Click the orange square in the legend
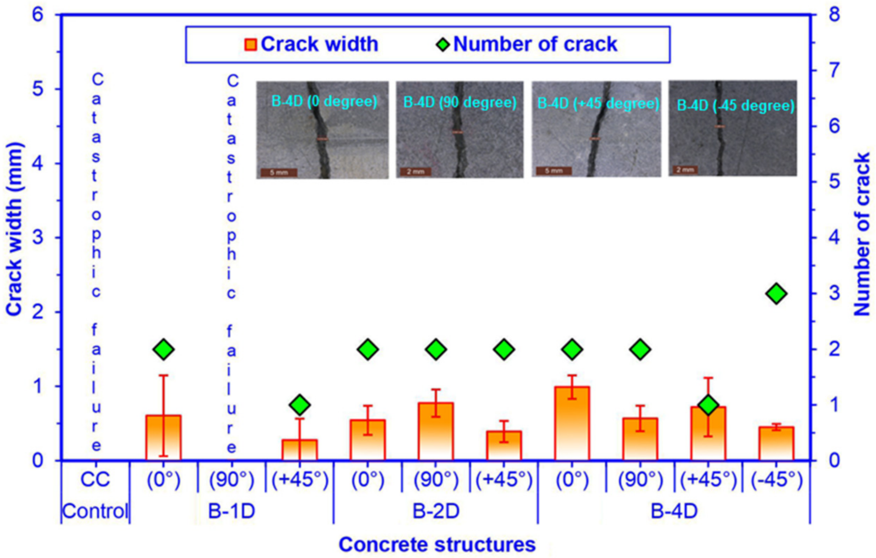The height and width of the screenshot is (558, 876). (250, 44)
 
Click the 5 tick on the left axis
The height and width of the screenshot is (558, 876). (38, 89)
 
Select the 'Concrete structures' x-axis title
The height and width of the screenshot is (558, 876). (437, 545)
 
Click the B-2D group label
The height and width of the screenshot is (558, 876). (436, 511)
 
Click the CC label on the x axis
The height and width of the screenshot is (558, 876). (95, 480)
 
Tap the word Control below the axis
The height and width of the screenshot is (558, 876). (95, 511)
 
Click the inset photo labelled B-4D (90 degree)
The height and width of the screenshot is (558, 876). (459, 130)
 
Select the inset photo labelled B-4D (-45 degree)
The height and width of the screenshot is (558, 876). (732, 128)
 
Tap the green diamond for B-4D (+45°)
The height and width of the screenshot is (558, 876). (708, 405)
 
